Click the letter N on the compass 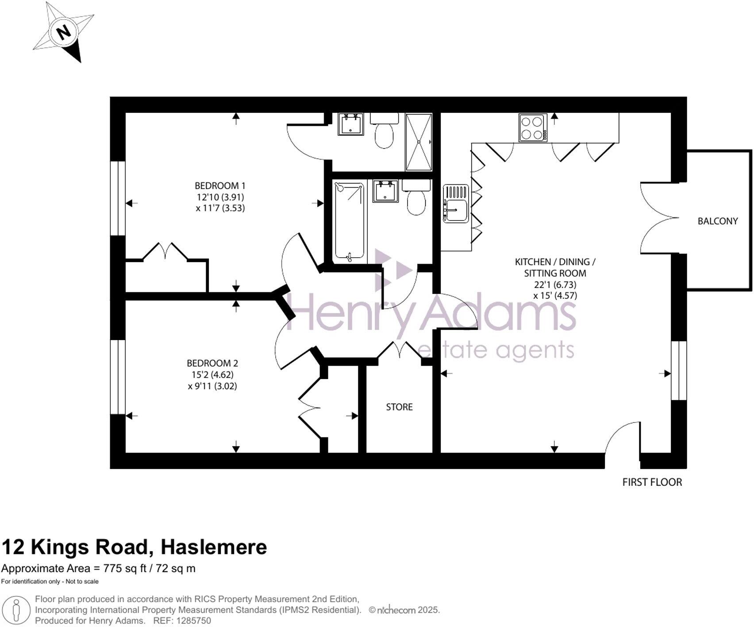pyautogui.click(x=65, y=32)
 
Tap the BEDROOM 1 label pyautogui.click(x=220, y=186)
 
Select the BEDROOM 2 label pyautogui.click(x=212, y=363)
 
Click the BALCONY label pyautogui.click(x=717, y=221)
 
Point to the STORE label pyautogui.click(x=399, y=407)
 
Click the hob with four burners pyautogui.click(x=533, y=128)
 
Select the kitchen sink pyautogui.click(x=456, y=204)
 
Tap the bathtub pyautogui.click(x=350, y=221)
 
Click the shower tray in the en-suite pyautogui.click(x=419, y=142)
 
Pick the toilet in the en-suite pyautogui.click(x=384, y=132)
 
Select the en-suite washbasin pyautogui.click(x=351, y=124)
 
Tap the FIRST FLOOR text pyautogui.click(x=652, y=482)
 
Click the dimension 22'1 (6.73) pyautogui.click(x=555, y=285)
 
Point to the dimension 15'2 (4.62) pyautogui.click(x=212, y=375)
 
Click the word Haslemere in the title pyautogui.click(x=214, y=547)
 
